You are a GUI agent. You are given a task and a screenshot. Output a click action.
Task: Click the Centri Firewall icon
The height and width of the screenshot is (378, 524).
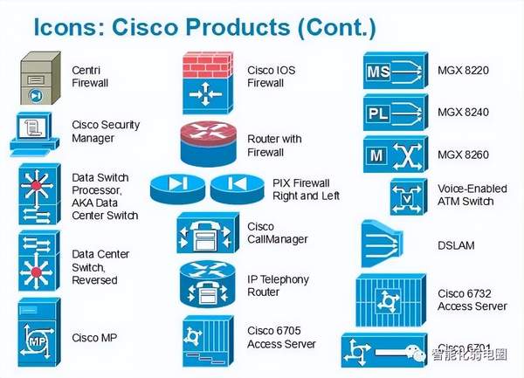click(x=39, y=79)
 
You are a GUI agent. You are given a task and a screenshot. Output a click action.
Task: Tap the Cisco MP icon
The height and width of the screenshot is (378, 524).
click(x=39, y=331)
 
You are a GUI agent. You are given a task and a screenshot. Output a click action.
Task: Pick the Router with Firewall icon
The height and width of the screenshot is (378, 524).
click(x=206, y=142)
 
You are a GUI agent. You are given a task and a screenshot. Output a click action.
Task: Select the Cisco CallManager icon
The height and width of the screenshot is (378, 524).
click(x=207, y=234)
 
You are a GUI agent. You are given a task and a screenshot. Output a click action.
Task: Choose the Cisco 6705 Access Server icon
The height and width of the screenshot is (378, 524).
click(x=206, y=335)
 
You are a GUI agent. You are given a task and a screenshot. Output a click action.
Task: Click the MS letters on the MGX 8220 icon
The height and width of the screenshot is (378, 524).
click(x=379, y=69)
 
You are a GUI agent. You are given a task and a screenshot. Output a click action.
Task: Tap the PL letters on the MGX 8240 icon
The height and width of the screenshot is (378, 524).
click(x=379, y=113)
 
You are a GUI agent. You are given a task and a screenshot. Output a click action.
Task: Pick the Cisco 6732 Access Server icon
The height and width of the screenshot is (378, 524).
click(x=388, y=301)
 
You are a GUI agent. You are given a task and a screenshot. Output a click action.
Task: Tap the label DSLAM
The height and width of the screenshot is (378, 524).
click(x=455, y=245)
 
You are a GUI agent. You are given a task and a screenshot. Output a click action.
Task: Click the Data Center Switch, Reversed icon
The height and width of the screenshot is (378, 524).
click(x=39, y=261)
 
